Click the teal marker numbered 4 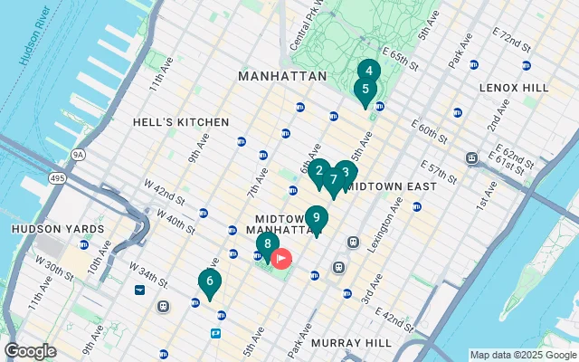[x=368, y=71]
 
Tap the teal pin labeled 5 [x=365, y=90]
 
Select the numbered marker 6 [x=209, y=282]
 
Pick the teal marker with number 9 [x=316, y=218]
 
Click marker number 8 [x=267, y=243]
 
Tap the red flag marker [x=282, y=260]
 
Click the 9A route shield [x=79, y=155]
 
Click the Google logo [x=30, y=351]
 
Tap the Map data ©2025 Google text [x=522, y=355]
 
